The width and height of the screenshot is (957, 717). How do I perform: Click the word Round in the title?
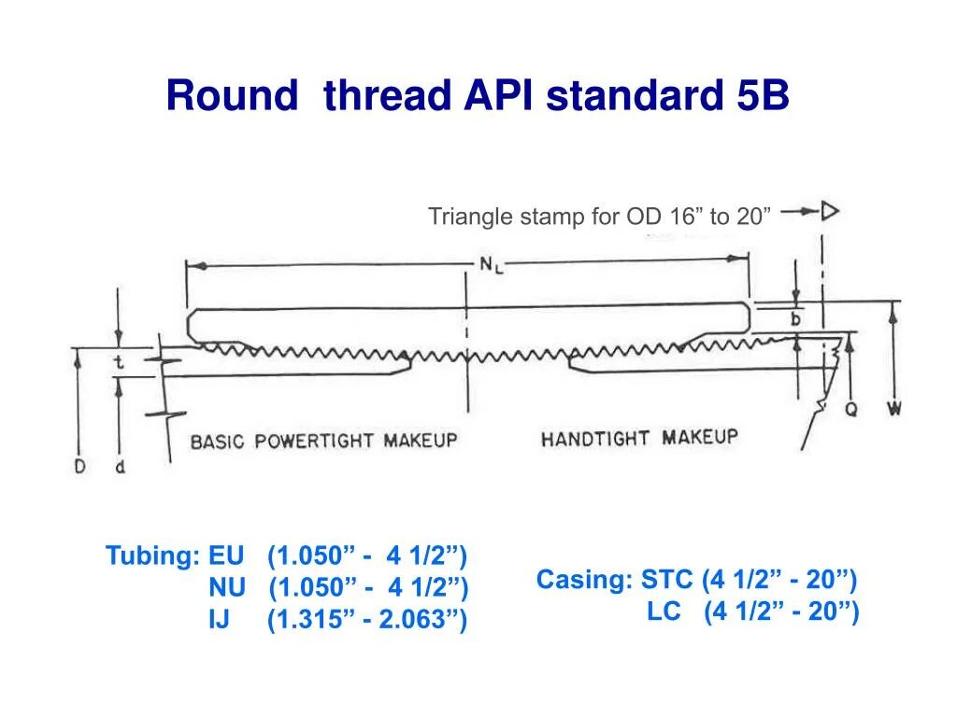coord(235,96)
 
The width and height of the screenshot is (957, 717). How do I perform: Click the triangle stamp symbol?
coord(829,212)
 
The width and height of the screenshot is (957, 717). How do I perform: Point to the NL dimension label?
coord(492,264)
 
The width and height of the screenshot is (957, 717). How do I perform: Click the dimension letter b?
coord(796,318)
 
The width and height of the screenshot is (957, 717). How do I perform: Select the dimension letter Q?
coord(850,409)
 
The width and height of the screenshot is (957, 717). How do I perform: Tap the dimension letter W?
coord(894,409)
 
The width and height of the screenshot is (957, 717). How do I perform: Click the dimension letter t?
coord(119,362)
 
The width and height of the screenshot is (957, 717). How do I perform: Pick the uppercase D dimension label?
coord(80,466)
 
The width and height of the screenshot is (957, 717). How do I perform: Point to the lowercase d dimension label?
coord(120,466)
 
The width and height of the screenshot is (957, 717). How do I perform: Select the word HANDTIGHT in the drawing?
coord(598,439)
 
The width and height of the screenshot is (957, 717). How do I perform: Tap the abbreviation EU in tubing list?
coord(226,556)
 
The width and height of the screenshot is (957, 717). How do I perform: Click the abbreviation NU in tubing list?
coord(227,588)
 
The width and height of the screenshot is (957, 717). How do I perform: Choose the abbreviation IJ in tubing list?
coord(220,619)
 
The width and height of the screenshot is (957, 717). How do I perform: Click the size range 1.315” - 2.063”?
coord(367,619)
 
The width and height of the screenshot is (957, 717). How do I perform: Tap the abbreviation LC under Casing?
coord(664,612)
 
